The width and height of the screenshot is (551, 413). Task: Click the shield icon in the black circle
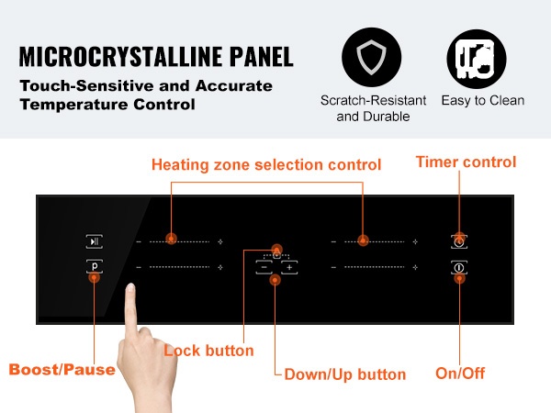(371, 57)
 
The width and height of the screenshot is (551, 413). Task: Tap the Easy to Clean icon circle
(477, 59)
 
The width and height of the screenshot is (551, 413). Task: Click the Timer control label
(466, 162)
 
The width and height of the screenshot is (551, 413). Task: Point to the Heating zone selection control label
(266, 164)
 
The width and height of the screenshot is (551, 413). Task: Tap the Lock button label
(208, 351)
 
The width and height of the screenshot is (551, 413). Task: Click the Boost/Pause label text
(62, 370)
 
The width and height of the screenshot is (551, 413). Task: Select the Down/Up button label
(345, 374)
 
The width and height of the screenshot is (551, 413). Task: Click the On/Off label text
(460, 373)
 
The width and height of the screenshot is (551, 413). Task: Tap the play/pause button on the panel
(95, 241)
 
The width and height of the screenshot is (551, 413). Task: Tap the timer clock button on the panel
(459, 242)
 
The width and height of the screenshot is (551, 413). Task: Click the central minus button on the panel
(264, 268)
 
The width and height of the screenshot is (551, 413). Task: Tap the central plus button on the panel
(289, 268)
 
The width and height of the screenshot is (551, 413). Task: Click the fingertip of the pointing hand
(131, 286)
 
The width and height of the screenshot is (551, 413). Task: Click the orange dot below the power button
(459, 279)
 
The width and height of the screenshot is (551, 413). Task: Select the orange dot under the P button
(95, 278)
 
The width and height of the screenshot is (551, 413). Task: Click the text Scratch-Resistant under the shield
(373, 100)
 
